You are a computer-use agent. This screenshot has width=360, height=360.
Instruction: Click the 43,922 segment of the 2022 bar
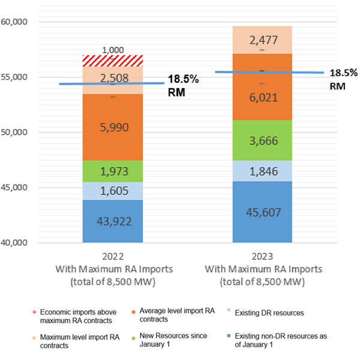tap(113, 221)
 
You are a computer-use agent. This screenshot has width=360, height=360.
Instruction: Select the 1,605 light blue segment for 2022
tap(113, 191)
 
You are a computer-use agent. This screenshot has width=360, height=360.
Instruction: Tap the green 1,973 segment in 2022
tap(113, 171)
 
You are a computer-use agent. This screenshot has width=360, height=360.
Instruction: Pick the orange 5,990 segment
tap(113, 127)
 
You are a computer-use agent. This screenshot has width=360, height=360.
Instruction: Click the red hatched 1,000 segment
tap(113, 60)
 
